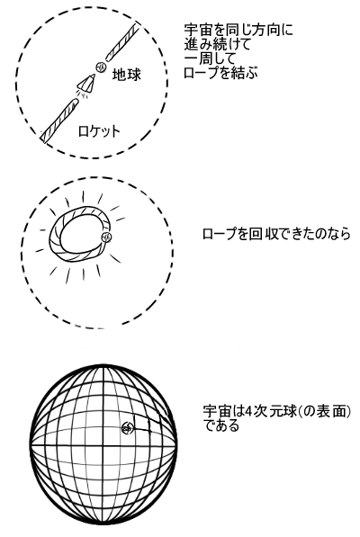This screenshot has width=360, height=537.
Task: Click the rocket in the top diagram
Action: tap(86, 84)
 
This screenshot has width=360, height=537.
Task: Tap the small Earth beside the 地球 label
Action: tap(101, 67)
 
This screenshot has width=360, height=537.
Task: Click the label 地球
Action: tap(127, 75)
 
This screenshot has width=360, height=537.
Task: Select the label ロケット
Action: tap(99, 131)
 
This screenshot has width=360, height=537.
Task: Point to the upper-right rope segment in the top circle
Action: tap(121, 41)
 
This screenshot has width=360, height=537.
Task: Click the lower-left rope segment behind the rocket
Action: tap(58, 120)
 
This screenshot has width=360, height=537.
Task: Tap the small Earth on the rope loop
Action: tap(106, 237)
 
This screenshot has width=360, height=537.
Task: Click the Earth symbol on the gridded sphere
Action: tap(127, 427)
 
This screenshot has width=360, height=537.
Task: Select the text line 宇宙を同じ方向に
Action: tap(238, 31)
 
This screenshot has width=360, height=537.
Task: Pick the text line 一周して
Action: tap(211, 58)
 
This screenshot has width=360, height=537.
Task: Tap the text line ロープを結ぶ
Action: tap(220, 73)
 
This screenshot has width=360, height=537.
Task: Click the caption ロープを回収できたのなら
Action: tap(276, 234)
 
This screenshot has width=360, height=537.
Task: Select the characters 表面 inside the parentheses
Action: tap(333, 411)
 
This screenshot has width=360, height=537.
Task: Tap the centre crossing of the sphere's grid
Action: tap(103, 445)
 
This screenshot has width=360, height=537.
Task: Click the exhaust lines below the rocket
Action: tap(82, 94)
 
